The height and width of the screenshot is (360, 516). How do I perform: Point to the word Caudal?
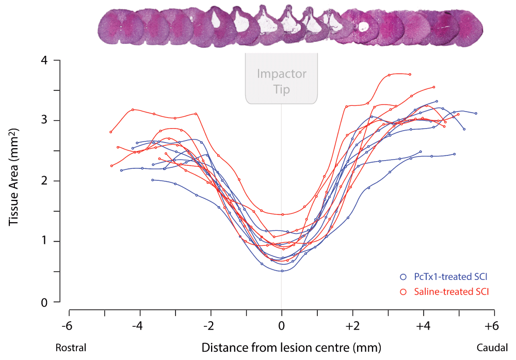[x=492, y=347]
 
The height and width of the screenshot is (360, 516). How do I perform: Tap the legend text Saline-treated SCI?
[x=451, y=292]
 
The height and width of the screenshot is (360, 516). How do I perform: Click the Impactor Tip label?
[x=282, y=81]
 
